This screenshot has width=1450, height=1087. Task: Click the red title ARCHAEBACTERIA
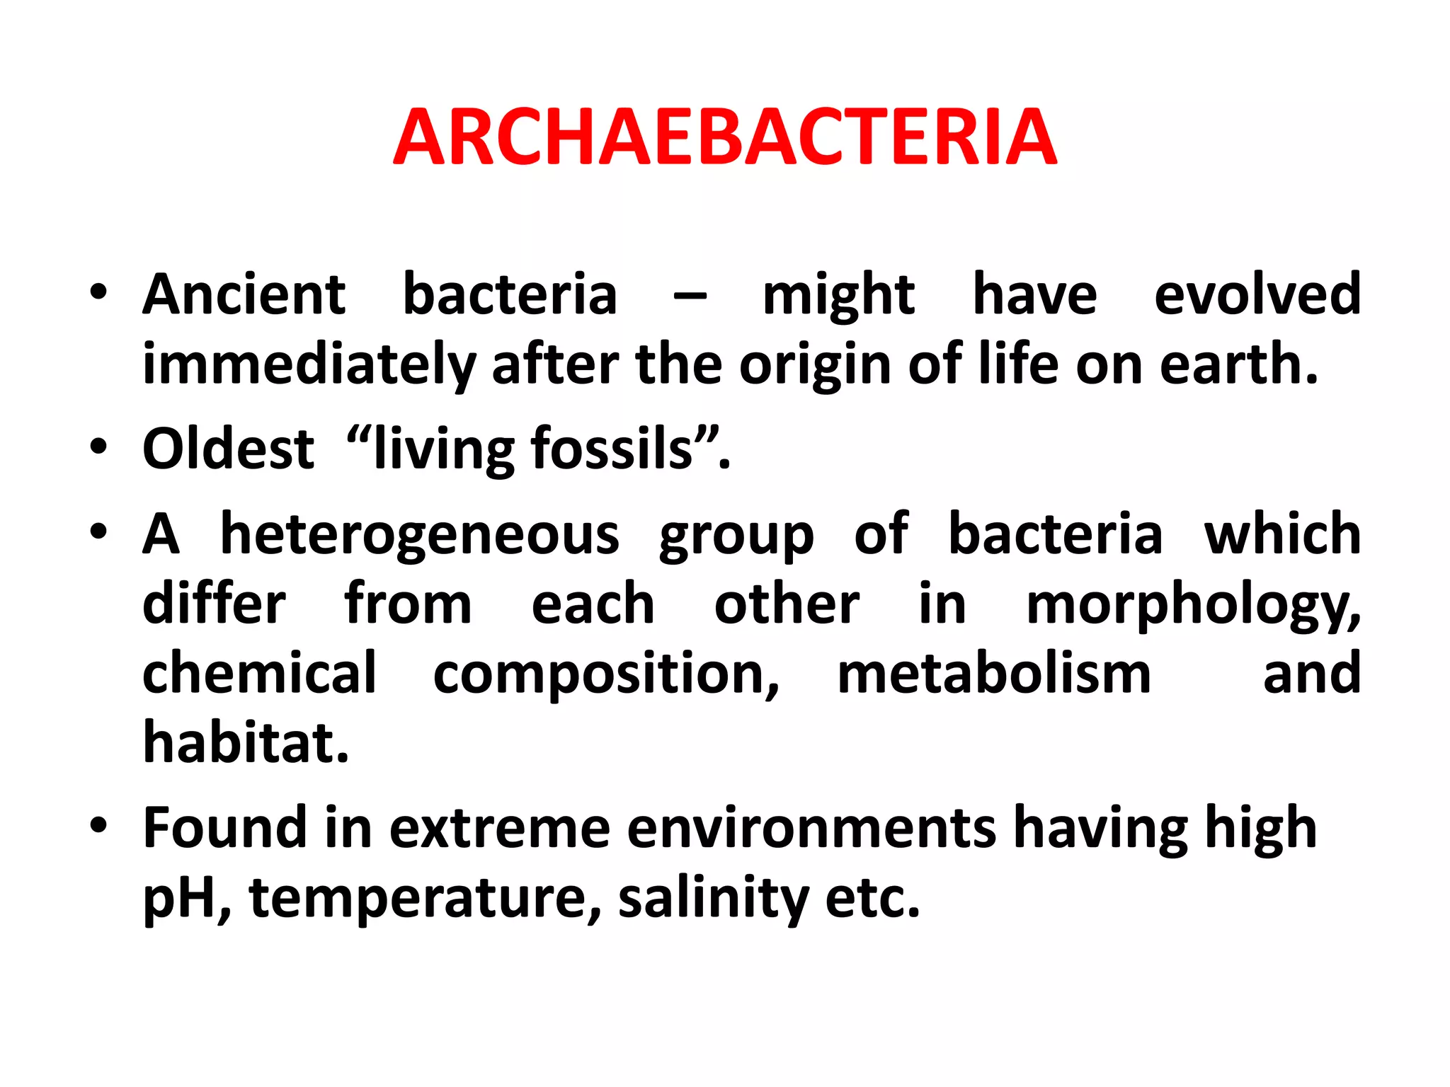pos(725,137)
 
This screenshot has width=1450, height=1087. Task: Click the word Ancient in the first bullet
pos(244,294)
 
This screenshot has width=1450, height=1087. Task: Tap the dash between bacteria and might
pos(690,297)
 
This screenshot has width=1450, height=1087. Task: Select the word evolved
pos(1257,294)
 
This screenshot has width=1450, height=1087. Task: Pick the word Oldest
pos(228,449)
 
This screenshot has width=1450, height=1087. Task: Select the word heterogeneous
pos(419,534)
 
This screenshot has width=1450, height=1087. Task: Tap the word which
pos(1282,534)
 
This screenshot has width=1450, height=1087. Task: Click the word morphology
pos(1192,606)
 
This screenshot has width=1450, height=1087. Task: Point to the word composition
pos(606,675)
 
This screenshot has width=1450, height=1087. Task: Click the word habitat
pos(246,743)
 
